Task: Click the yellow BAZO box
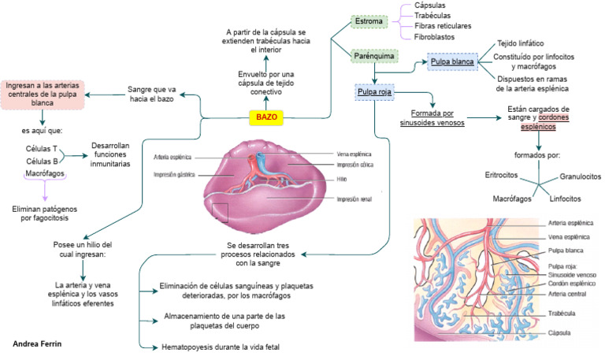pos(265,117)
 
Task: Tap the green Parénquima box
pos(373,57)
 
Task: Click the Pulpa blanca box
pos(451,61)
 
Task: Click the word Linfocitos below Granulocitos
pos(565,199)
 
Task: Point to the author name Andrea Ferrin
pos(38,344)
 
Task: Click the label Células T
pos(41,148)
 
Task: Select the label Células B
pos(41,161)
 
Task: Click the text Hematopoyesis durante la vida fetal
pos(221,347)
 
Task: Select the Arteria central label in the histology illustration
pos(566,293)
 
